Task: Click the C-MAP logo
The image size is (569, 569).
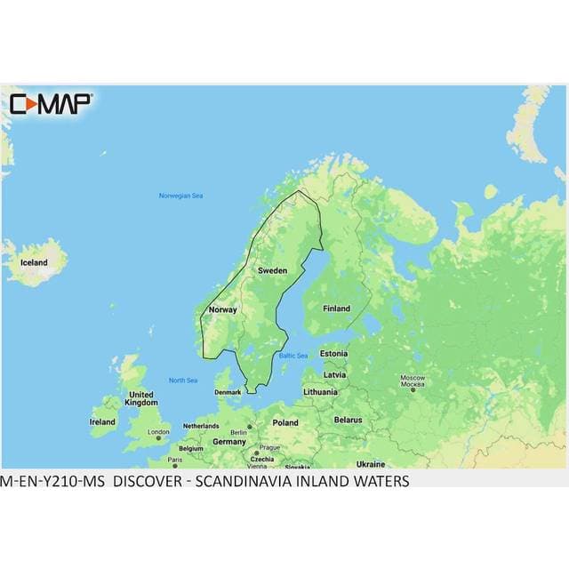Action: coord(50,104)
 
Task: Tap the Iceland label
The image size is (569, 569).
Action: coord(34,263)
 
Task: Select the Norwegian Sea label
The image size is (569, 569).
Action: coord(180,196)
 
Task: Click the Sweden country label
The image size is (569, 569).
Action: coord(271,268)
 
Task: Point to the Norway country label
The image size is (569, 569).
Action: coord(221,309)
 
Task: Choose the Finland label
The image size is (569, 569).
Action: coord(336,309)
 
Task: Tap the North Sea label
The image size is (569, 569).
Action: coord(183,381)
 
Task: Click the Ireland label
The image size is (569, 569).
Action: coord(102,421)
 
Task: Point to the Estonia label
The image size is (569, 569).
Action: coord(333,353)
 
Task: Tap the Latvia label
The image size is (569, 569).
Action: coord(334,374)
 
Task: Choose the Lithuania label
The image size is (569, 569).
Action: coord(320,391)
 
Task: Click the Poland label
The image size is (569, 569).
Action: coord(285,422)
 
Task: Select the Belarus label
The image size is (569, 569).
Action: coord(348,419)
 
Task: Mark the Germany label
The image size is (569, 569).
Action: coord(228,441)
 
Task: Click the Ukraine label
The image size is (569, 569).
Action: coord(370,464)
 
